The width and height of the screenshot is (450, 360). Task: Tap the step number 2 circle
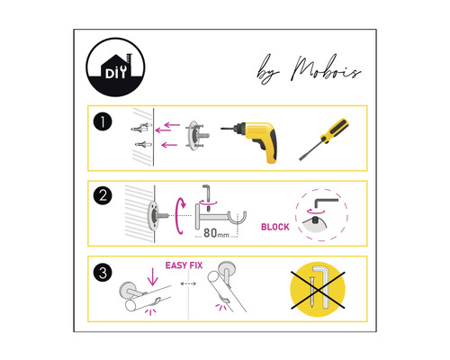[x=106, y=196]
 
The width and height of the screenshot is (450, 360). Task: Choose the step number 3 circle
[x=106, y=270]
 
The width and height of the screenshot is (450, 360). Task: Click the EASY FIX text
[x=184, y=265]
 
